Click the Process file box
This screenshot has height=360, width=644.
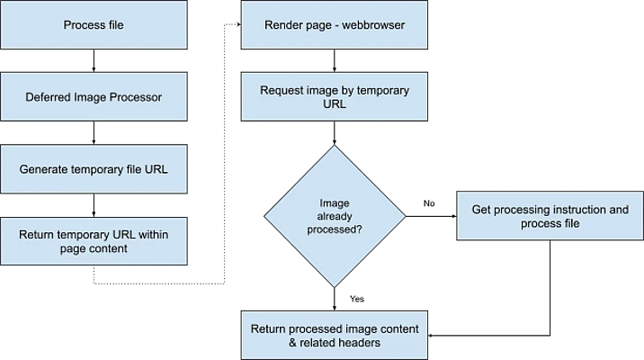94,25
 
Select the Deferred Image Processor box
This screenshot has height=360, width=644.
94,97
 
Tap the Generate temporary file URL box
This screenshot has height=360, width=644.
94,169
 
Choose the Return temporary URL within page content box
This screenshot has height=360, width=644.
94,241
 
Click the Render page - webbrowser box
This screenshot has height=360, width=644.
334,25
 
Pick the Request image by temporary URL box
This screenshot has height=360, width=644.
334,97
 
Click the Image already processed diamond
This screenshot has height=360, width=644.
334,217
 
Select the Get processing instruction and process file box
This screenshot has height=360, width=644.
550,216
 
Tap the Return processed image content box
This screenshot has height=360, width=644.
334,335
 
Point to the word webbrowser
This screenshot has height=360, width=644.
373,25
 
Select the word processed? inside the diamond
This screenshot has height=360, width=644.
334,229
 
